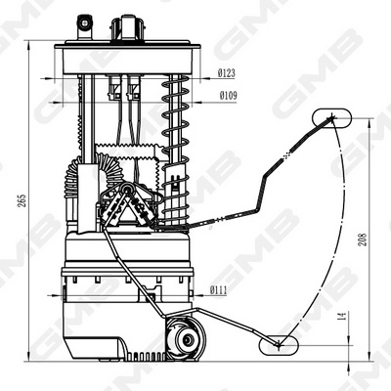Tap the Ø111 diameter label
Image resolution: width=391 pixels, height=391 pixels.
pos(218,289)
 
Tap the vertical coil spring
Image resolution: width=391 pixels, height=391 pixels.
pos(177,156)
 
